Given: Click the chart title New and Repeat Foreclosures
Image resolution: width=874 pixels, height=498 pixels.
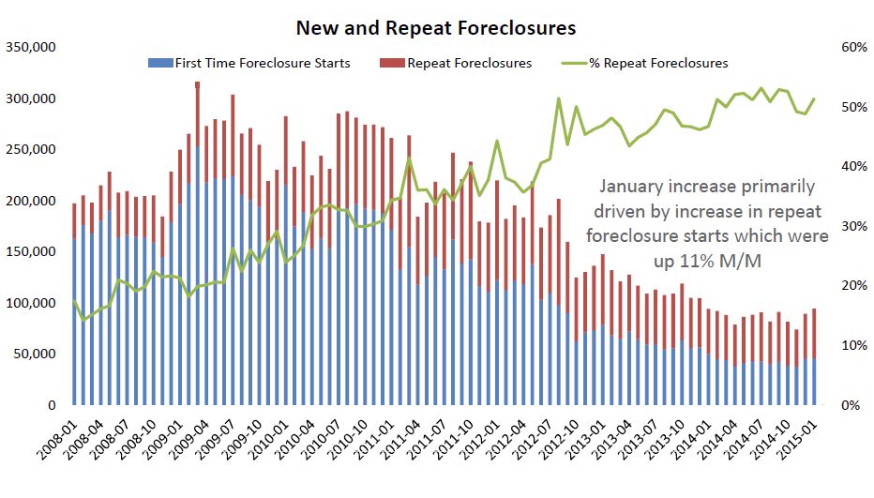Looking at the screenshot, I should pyautogui.click(x=435, y=27).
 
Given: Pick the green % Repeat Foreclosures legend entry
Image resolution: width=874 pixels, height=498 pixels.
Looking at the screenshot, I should pyautogui.click(x=657, y=63).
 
